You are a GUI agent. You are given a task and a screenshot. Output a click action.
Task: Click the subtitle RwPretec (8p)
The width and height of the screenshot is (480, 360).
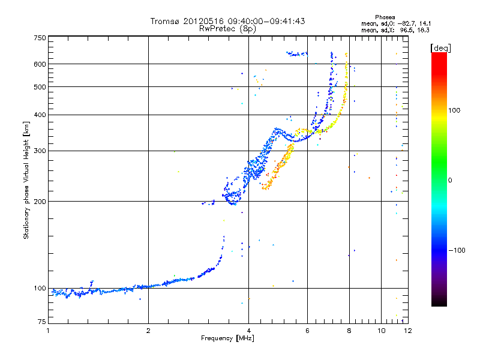(x=227, y=29)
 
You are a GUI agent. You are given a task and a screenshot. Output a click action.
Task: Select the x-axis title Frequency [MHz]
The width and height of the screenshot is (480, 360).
(x=227, y=338)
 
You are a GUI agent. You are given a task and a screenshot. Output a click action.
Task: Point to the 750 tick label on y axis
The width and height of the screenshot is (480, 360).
(x=40, y=38)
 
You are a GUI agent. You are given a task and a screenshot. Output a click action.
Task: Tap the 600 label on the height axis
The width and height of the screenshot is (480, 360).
(x=40, y=64)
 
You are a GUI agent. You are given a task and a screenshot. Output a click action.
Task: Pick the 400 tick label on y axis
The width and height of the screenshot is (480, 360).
(x=40, y=115)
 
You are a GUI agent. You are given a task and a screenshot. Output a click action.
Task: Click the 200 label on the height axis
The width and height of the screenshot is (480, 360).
(x=40, y=202)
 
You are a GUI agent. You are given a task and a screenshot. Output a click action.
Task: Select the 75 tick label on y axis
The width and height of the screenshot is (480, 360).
(x=42, y=322)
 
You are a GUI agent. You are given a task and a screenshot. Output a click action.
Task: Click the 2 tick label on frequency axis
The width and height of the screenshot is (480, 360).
(x=148, y=331)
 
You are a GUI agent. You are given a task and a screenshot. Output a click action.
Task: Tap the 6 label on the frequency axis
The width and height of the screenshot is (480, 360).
(x=307, y=331)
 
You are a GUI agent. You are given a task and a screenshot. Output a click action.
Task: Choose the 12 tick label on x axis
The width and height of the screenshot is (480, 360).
(x=408, y=331)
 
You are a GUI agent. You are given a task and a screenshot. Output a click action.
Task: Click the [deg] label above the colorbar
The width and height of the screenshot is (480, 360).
(x=440, y=48)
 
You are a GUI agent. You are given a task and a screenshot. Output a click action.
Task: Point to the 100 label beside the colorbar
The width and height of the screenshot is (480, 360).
(x=454, y=110)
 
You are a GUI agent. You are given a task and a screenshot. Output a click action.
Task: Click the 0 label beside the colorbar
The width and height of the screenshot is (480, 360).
(x=450, y=181)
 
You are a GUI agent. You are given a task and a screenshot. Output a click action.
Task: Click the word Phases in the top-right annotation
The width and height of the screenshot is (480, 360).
(x=385, y=17)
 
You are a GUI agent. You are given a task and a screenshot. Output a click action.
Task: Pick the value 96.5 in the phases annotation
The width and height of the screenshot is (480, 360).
(x=406, y=31)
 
